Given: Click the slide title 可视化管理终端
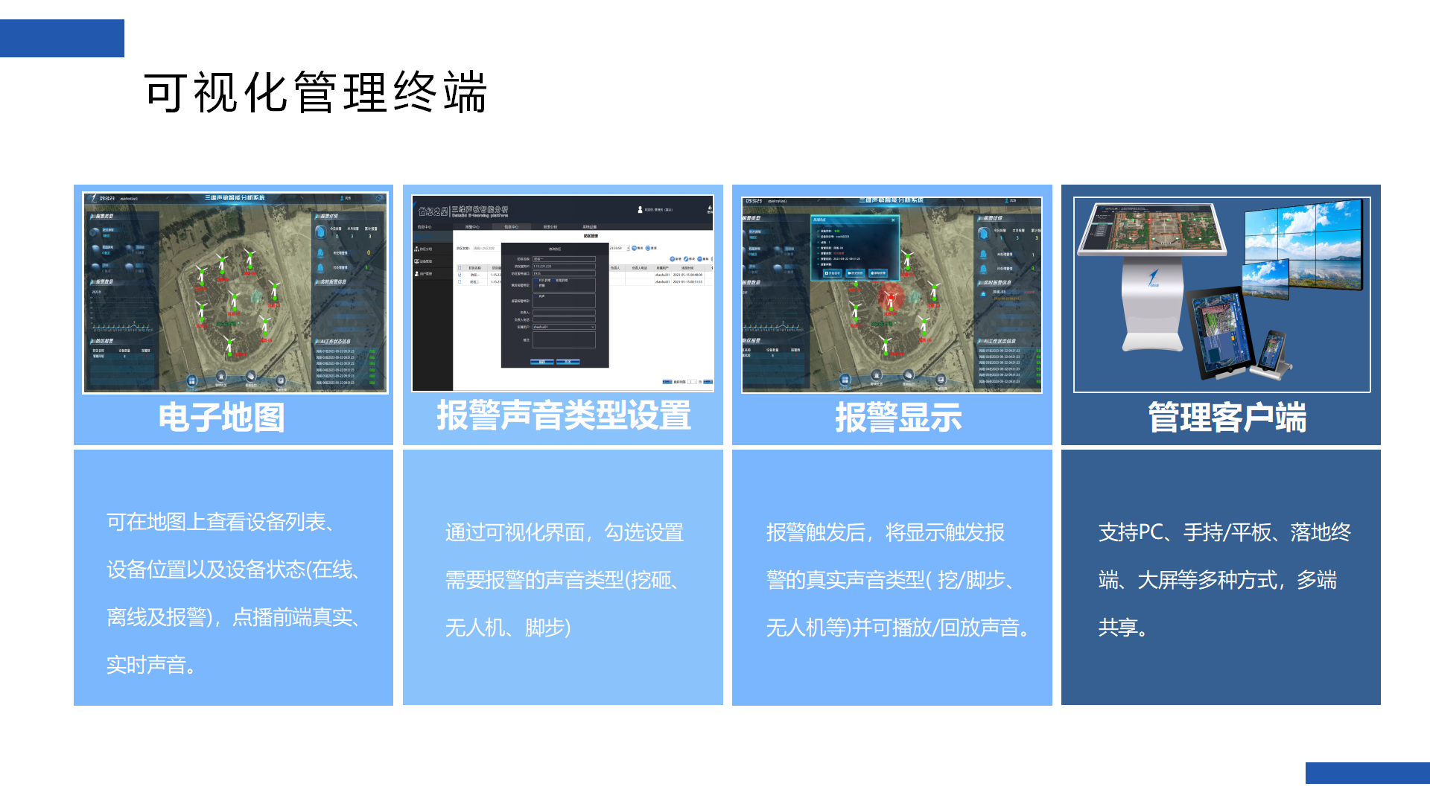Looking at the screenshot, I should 316,92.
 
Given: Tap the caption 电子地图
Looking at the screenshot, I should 221,417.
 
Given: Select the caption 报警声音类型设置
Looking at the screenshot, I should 563,415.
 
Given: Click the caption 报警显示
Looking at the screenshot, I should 898,417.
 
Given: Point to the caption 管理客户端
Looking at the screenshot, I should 1227,417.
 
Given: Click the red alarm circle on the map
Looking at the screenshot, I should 890,298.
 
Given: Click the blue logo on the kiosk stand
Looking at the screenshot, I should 1153,278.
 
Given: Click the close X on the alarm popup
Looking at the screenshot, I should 893,220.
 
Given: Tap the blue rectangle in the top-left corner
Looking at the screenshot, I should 62,38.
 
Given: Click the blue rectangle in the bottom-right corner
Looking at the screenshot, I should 1367,773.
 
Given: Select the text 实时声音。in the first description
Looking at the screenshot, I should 152,665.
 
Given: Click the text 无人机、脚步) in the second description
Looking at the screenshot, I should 508,628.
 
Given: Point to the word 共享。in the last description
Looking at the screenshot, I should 1123,628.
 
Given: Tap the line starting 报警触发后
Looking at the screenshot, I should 885,532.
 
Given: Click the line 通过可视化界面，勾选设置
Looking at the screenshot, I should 564,532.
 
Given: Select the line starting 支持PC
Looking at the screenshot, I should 1224,532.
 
